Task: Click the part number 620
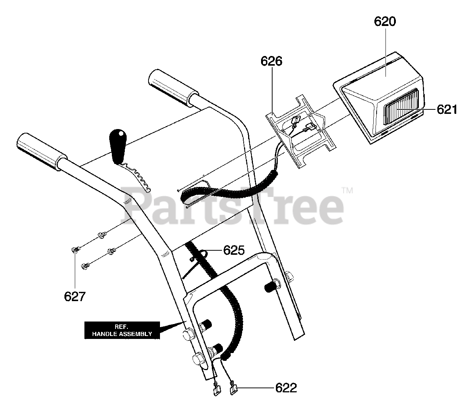(x=385, y=22)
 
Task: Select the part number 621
(x=447, y=109)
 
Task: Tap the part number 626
(x=271, y=61)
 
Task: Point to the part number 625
(x=234, y=250)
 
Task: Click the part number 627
(x=75, y=296)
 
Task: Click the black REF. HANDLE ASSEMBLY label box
(x=122, y=330)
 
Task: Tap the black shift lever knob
(x=118, y=146)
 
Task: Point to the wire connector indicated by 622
(x=234, y=388)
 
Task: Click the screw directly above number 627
(x=75, y=250)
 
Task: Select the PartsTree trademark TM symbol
(x=347, y=191)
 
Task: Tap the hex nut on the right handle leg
(x=289, y=276)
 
